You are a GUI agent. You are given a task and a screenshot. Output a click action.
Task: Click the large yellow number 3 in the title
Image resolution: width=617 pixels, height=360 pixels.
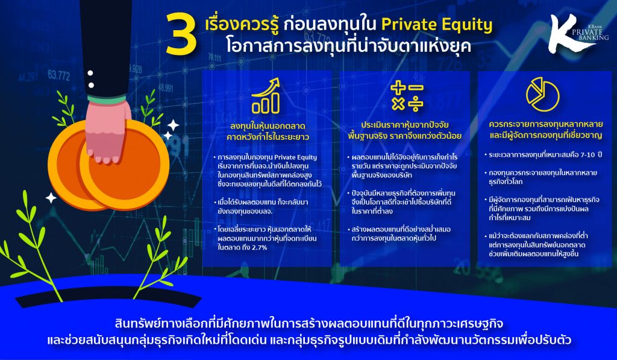tap(181, 34)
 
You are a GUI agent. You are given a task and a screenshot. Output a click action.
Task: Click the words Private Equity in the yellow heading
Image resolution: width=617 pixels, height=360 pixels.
tap(437, 25)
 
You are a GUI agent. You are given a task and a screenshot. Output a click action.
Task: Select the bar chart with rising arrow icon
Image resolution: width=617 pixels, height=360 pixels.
tap(266, 96)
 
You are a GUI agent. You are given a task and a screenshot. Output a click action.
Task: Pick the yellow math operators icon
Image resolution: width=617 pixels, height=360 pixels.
tap(407, 96)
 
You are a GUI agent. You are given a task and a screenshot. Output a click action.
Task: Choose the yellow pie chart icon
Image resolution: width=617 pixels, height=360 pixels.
tap(543, 94)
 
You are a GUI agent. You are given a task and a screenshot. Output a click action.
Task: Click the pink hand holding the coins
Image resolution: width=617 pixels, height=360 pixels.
tap(107, 132)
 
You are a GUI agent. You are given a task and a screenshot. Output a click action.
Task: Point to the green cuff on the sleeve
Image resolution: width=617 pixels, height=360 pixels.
tap(107, 99)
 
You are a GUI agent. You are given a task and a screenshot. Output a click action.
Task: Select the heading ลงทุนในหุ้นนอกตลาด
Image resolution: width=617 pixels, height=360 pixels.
tap(268, 126)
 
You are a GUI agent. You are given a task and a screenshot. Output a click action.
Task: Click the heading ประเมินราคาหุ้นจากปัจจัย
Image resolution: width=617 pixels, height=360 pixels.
tap(405, 125)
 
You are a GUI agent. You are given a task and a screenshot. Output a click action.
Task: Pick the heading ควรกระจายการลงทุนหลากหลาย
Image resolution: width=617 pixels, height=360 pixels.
tap(545, 124)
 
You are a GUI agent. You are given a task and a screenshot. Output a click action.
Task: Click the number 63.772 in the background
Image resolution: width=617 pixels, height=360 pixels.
tap(58, 75)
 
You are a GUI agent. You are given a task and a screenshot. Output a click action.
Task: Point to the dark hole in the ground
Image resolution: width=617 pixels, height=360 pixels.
tap(108, 297)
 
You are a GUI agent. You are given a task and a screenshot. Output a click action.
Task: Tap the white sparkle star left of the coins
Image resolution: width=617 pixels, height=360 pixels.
tap(51, 197)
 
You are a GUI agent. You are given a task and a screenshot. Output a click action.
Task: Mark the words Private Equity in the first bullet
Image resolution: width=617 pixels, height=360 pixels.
tap(295, 157)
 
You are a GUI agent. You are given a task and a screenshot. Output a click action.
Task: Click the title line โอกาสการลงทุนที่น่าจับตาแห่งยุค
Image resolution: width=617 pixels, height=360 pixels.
tap(348, 46)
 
